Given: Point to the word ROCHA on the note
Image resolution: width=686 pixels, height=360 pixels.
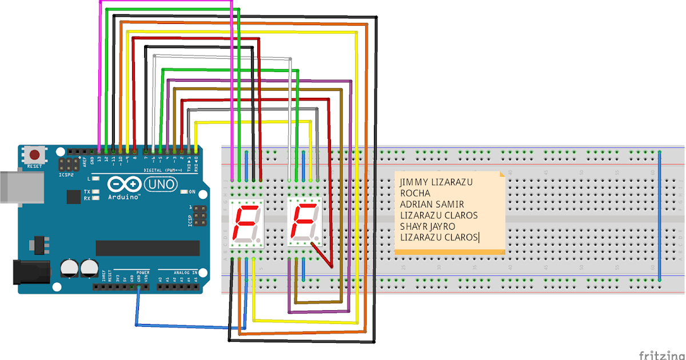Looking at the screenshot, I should (415, 193).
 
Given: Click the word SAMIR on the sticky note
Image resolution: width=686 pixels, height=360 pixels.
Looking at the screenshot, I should (449, 204).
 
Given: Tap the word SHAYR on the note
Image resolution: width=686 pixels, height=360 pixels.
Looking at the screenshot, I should (413, 226).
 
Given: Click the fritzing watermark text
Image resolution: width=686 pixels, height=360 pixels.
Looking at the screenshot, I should (661, 355).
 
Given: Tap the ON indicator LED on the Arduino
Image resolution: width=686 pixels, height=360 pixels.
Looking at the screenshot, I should (184, 191).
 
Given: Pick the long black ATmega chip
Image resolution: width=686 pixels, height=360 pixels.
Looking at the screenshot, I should (147, 248).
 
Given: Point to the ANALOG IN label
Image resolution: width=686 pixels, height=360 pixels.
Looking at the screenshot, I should (185, 273).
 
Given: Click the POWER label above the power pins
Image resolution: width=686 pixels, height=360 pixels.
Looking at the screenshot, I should (143, 273).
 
